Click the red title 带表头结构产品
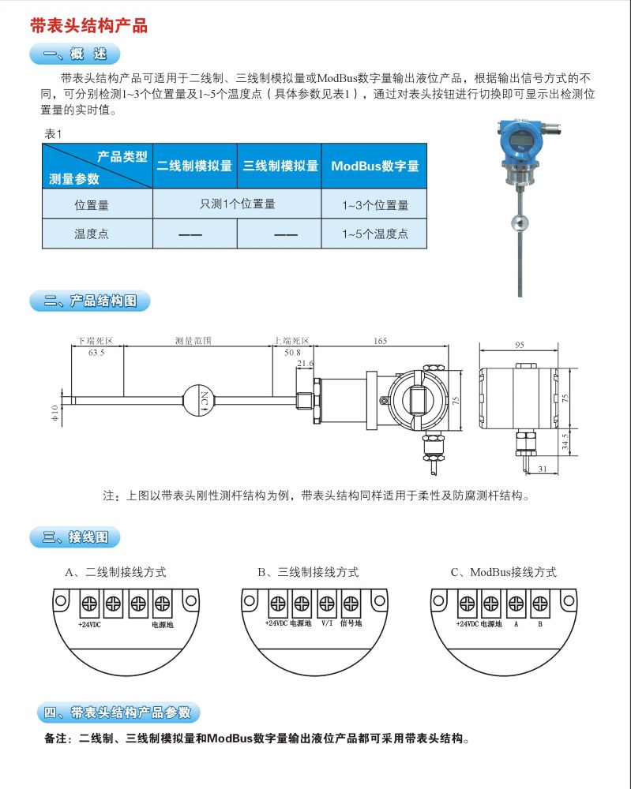[88, 26]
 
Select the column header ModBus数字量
[374, 166]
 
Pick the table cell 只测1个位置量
[237, 204]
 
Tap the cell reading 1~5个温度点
[374, 234]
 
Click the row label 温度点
[91, 234]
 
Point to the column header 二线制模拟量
[194, 166]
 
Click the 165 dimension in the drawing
[380, 341]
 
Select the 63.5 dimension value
[96, 353]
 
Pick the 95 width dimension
[520, 345]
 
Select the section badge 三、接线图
[76, 538]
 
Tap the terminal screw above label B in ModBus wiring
[540, 605]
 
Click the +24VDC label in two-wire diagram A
[90, 624]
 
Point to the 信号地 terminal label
[350, 623]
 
